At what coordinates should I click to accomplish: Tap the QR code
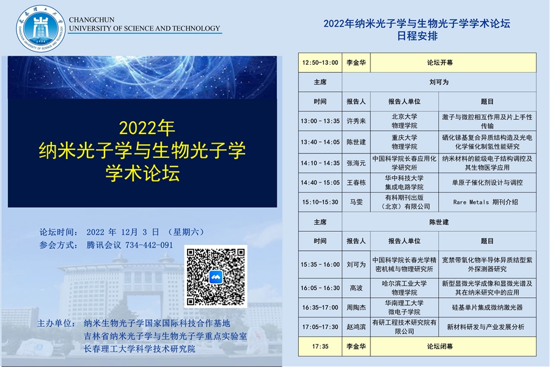click(x=216, y=276)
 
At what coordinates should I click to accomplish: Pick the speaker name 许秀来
click(x=356, y=121)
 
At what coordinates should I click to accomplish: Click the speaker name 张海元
click(x=356, y=163)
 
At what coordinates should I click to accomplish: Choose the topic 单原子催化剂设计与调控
click(x=487, y=182)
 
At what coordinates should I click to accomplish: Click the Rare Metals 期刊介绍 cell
click(x=487, y=202)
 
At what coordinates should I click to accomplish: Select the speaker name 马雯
click(x=356, y=202)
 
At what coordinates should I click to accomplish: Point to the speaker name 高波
click(x=356, y=287)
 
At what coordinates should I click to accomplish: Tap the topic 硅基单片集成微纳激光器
click(x=487, y=307)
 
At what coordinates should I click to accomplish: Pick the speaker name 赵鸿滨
click(x=356, y=327)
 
